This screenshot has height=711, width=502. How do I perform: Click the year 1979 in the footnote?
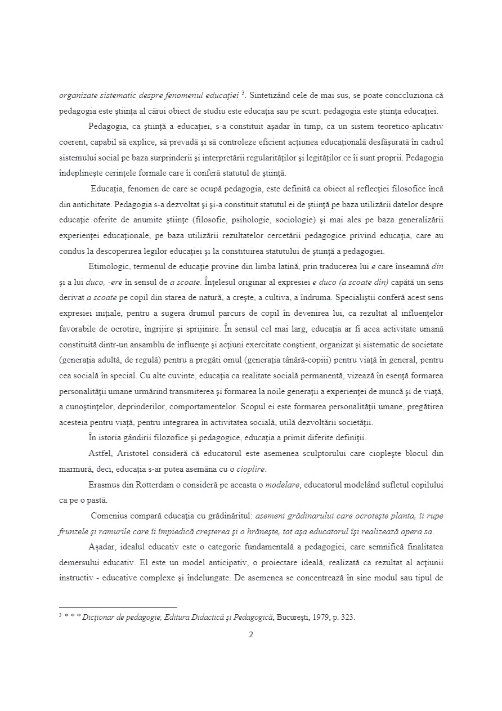click(x=316, y=617)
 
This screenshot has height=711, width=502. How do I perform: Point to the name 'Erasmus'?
click(x=105, y=484)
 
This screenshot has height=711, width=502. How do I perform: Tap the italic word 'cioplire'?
click(x=249, y=468)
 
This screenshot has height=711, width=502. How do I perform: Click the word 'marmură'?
click(x=76, y=468)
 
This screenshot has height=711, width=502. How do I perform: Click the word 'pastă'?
click(x=93, y=499)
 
